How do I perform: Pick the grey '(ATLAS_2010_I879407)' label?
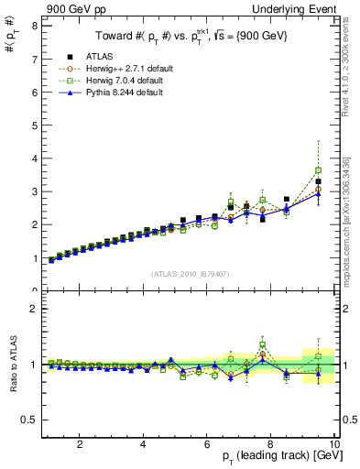(x=189, y=274)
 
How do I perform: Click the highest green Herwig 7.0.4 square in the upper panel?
(x=319, y=170)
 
